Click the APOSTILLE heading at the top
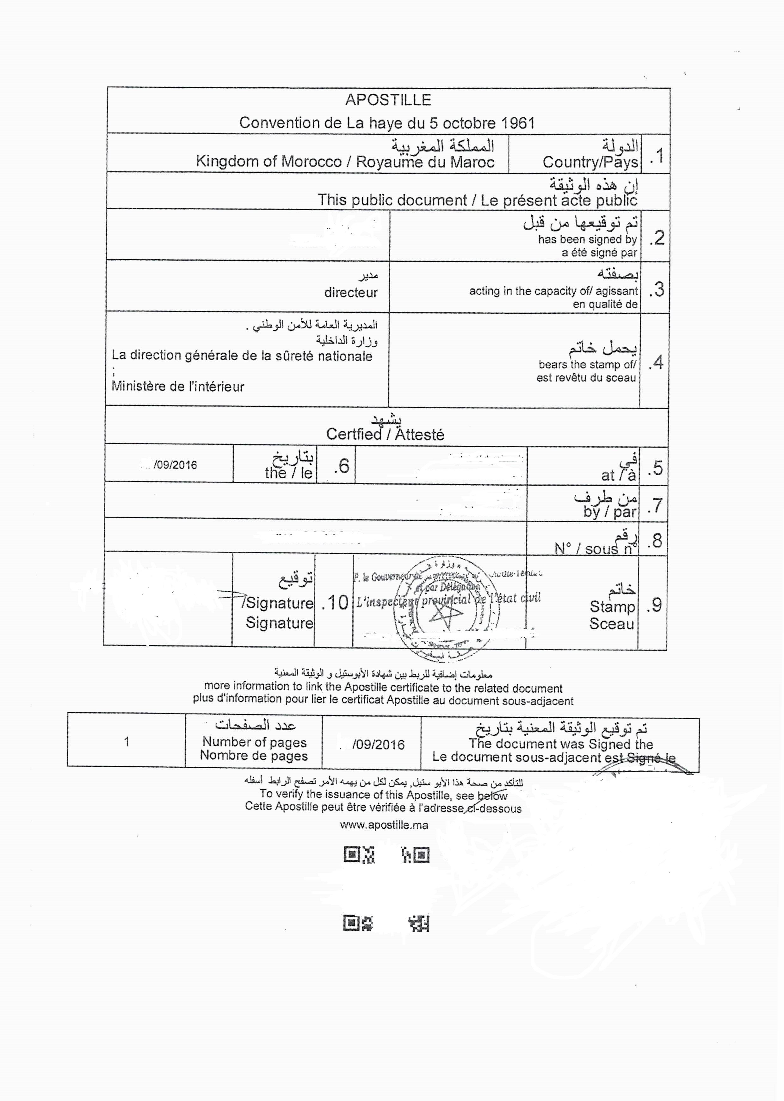click(388, 100)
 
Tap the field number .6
click(341, 466)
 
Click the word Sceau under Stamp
click(611, 624)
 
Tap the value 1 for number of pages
click(127, 742)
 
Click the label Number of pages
click(254, 742)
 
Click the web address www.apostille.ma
click(384, 825)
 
